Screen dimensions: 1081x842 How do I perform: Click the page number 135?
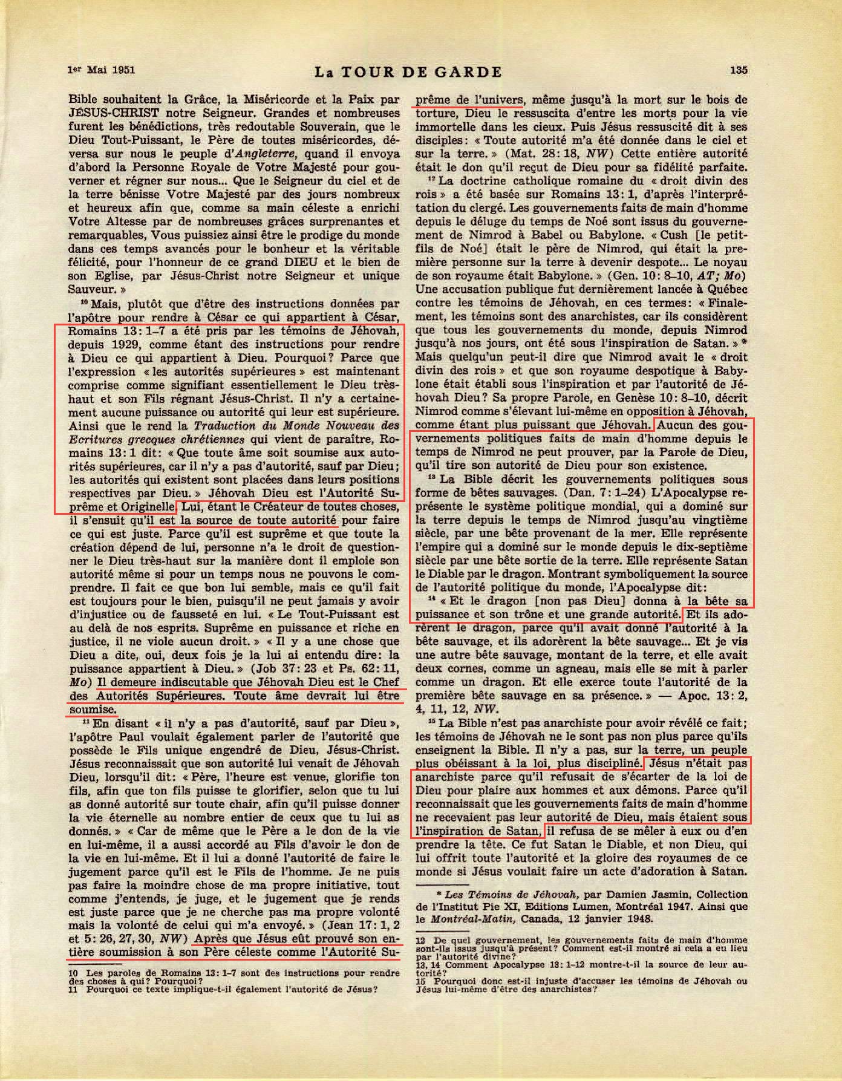738,70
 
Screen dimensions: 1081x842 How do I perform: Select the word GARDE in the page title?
470,73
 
